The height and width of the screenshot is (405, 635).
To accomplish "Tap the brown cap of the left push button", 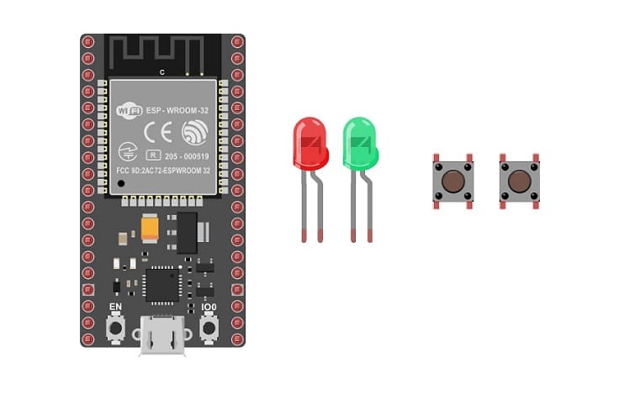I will (453, 181).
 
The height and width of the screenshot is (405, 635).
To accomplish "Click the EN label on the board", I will (116, 308).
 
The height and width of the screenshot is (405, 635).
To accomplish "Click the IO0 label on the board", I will (209, 308).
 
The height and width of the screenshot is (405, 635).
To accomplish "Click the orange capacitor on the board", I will (151, 228).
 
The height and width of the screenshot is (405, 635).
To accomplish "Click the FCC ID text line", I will (168, 171).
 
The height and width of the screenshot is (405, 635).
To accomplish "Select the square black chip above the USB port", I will (162, 283).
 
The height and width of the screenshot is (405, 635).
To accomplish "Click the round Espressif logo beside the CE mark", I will (194, 132).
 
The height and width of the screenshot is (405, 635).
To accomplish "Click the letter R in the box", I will (153, 155).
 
